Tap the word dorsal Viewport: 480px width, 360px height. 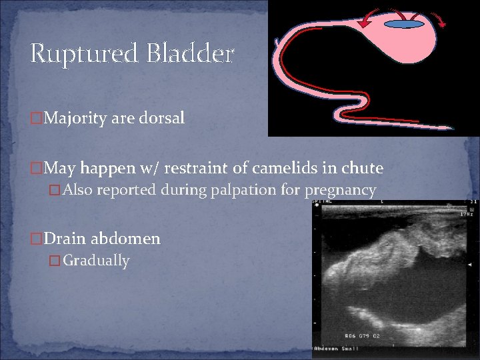click(x=162, y=119)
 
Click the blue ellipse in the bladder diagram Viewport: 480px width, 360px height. click(x=405, y=25)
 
